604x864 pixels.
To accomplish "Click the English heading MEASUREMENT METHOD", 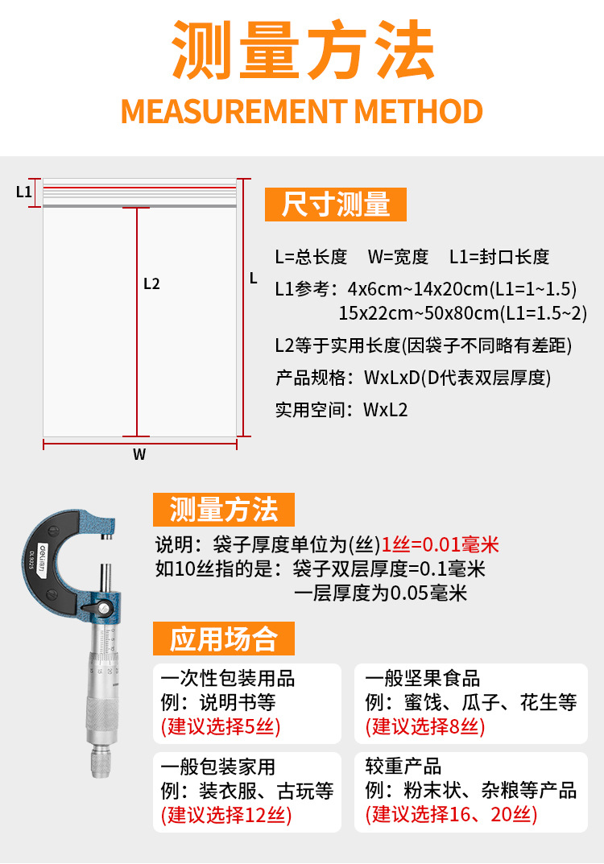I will point(302,111).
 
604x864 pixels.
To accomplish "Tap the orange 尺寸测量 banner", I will point(336,205).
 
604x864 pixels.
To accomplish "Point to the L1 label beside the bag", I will point(23,192).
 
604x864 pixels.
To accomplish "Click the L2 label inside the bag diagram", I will point(151,283).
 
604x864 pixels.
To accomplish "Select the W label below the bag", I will point(139,454).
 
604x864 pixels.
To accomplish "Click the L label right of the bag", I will point(253,279).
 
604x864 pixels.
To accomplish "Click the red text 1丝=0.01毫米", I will point(441,545).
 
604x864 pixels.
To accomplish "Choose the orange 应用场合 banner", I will point(223,639).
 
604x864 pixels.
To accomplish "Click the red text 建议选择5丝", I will point(221,726).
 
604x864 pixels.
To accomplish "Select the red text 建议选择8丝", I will point(425,726).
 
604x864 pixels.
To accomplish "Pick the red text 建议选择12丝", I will point(226,815).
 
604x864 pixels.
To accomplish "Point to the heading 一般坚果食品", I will point(423,677).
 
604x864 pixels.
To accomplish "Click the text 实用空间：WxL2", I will point(341,409).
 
